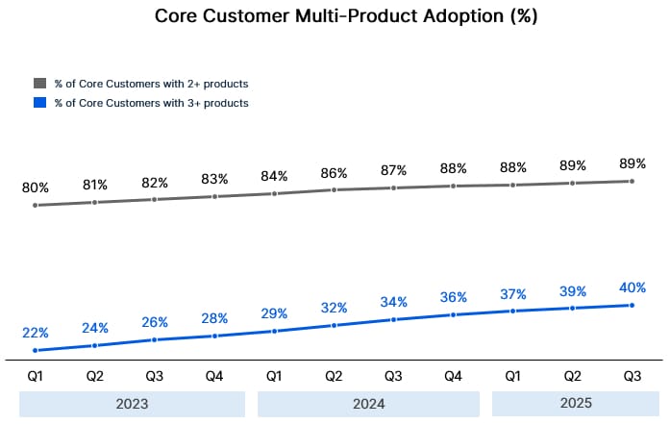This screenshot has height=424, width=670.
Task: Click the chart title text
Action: (335, 16)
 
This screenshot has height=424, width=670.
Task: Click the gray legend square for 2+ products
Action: (39, 83)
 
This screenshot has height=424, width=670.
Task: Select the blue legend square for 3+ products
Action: (39, 102)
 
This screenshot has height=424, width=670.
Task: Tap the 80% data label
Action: (35, 187)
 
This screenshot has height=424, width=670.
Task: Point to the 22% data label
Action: (35, 333)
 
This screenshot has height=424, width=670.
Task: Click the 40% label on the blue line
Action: (632, 287)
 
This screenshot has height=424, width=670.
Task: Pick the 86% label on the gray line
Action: (334, 174)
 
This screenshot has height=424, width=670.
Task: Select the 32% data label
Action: (334, 308)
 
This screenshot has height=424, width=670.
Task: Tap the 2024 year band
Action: (368, 403)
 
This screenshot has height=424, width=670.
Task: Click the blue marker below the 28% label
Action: (214, 336)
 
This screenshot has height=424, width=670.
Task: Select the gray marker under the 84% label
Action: (274, 193)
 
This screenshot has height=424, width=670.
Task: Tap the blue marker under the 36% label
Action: (453, 314)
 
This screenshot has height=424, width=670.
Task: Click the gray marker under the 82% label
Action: (155, 199)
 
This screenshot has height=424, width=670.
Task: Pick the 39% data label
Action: (572, 290)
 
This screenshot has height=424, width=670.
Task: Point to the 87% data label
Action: (393, 170)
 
